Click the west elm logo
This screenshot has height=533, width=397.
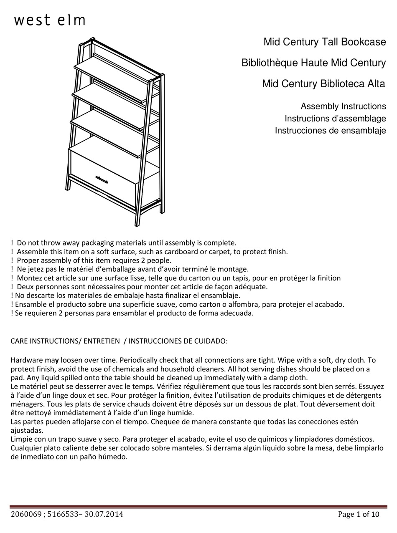click(x=50, y=20)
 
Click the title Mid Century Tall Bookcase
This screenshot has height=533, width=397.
click(x=324, y=42)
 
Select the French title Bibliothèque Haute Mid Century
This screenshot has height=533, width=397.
click(x=313, y=63)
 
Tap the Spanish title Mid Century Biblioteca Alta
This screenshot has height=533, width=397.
click(x=323, y=84)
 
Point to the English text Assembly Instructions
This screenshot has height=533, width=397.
click(x=343, y=106)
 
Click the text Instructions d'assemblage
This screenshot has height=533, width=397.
click(x=335, y=119)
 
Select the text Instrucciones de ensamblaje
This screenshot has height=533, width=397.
click(x=330, y=131)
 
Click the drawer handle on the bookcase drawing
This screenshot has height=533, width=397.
click(x=102, y=179)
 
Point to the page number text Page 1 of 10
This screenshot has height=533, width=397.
click(x=359, y=514)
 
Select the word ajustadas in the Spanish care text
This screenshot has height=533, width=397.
click(x=26, y=430)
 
